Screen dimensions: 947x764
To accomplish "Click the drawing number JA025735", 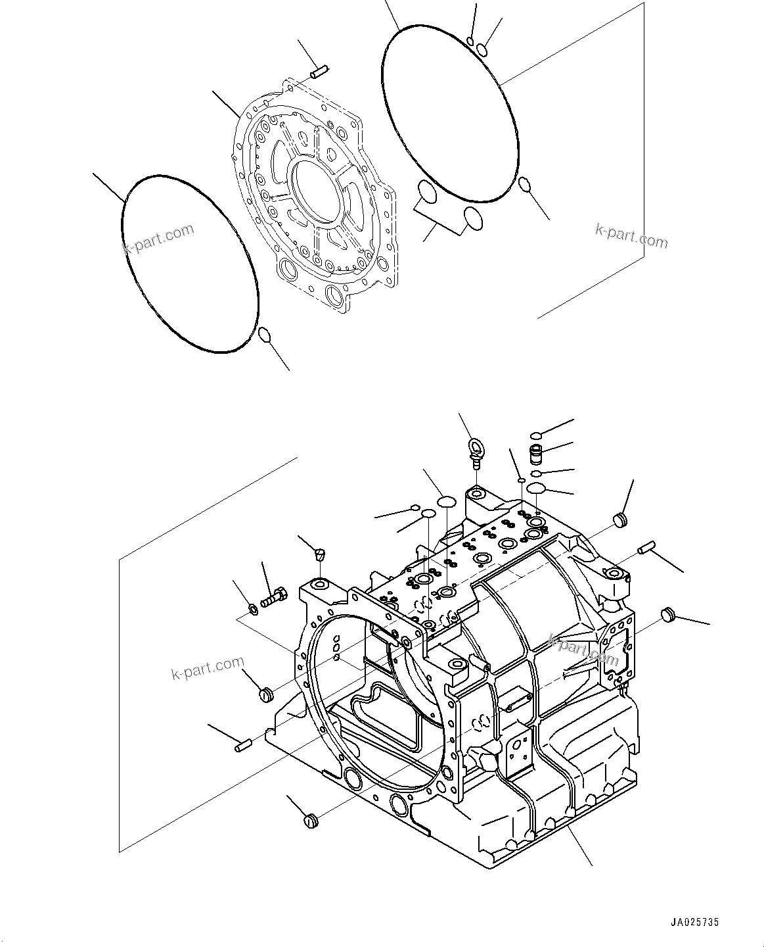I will point(695,923).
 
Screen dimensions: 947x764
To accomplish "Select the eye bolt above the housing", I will point(475,452).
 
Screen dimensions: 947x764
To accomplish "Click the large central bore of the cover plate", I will point(318,193).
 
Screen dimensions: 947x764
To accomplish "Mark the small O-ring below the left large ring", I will point(264,335).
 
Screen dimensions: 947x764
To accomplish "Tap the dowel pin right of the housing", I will point(646,546).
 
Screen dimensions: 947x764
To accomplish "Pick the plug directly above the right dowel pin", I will point(621,520).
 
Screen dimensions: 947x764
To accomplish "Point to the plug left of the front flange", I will point(265,694).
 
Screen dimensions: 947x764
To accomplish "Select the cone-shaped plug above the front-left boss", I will point(320,553).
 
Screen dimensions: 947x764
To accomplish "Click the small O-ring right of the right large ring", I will point(524,184).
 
